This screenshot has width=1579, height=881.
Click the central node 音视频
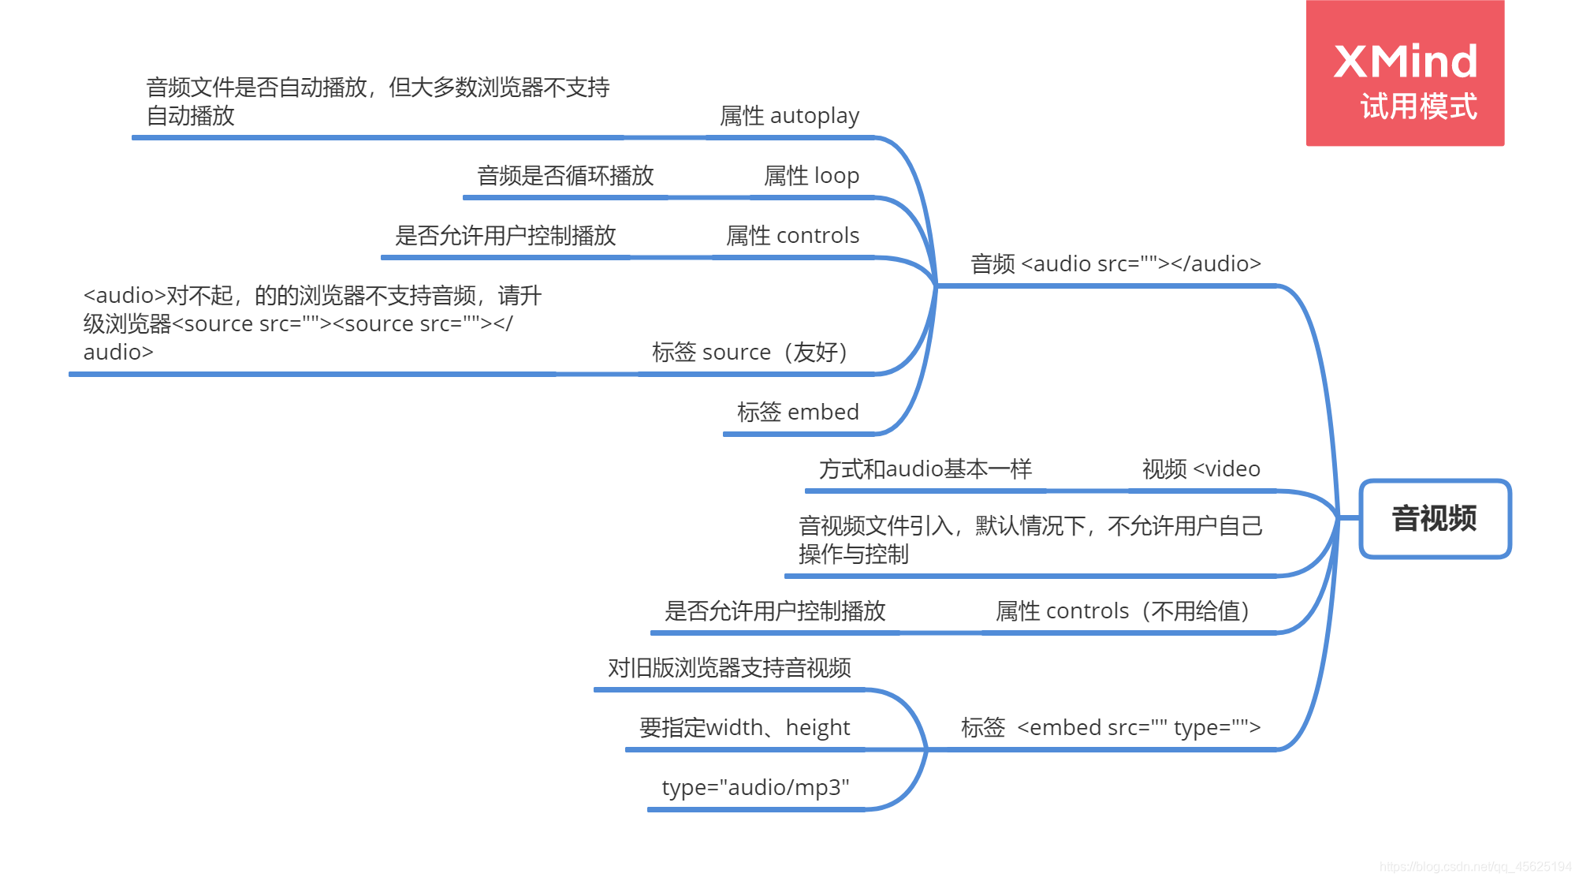pyautogui.click(x=1434, y=519)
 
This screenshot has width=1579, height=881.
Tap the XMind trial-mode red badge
pyautogui.click(x=1405, y=73)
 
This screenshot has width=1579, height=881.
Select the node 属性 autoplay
pyautogui.click(x=789, y=116)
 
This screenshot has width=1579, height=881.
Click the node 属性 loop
pyautogui.click(x=811, y=176)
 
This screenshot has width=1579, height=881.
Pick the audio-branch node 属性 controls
pyautogui.click(x=792, y=236)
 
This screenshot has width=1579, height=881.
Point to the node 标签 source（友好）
pyautogui.click(x=750, y=353)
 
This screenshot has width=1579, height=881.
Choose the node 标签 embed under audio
pyautogui.click(x=797, y=413)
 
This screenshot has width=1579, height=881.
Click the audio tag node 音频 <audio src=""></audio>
pyautogui.click(x=1115, y=264)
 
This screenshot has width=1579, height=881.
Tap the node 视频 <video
pyautogui.click(x=1201, y=469)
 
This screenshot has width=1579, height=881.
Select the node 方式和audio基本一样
pyautogui.click(x=925, y=469)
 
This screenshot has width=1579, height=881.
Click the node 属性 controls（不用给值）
pyautogui.click(x=1123, y=611)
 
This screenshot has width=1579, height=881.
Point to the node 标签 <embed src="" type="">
pyautogui.click(x=1110, y=728)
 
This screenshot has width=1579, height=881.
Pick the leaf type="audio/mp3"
pyautogui.click(x=755, y=788)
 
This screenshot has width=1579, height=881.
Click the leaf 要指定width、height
pyautogui.click(x=744, y=728)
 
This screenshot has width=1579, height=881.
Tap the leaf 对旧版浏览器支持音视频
pyautogui.click(x=729, y=668)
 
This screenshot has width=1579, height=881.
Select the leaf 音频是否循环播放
pyautogui.click(x=565, y=176)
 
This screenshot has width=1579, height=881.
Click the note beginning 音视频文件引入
pyautogui.click(x=1030, y=540)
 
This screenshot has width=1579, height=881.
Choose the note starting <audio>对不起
pyautogui.click(x=312, y=324)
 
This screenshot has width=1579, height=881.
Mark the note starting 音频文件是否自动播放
pyautogui.click(x=378, y=102)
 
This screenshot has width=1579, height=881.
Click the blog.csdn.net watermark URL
pyautogui.click(x=1475, y=867)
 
